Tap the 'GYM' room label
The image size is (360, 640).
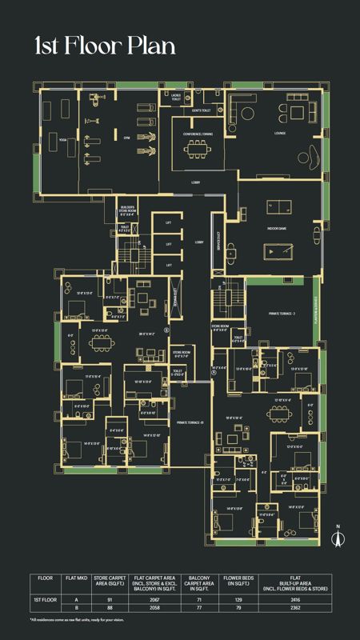point(125,137)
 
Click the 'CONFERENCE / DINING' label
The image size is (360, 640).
point(196,134)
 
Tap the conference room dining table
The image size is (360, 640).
point(196,150)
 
